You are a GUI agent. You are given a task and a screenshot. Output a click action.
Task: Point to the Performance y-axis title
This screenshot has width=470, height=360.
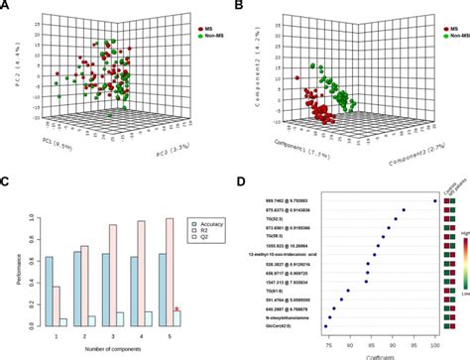[x=9, y=269]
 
